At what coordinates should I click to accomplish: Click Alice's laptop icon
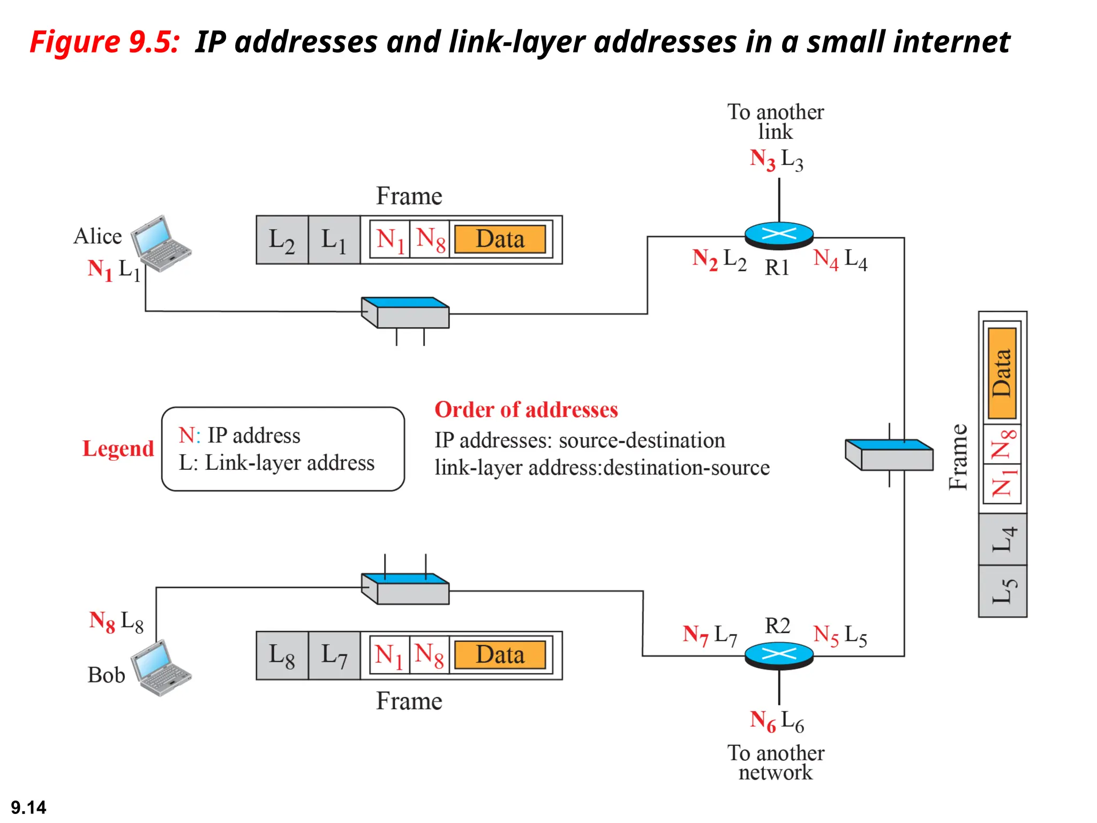161,244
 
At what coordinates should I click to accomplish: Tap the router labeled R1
779,235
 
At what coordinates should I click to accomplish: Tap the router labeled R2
779,655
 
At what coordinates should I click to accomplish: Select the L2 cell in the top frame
282,240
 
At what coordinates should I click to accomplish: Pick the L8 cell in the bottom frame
282,655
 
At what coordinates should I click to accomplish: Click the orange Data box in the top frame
500,239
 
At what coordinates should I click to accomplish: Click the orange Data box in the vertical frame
1002,373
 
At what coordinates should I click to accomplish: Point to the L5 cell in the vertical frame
1002,591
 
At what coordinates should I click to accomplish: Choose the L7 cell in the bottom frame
334,655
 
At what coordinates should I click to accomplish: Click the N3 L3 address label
776,160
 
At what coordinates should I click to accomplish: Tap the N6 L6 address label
776,721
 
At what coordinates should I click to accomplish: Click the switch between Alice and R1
405,313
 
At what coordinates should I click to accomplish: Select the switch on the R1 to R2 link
889,455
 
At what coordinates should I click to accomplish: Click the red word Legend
118,448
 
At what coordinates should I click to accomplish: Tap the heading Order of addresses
526,410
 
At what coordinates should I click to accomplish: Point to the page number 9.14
28,807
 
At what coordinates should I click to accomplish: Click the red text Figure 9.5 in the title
104,42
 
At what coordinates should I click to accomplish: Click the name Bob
106,675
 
